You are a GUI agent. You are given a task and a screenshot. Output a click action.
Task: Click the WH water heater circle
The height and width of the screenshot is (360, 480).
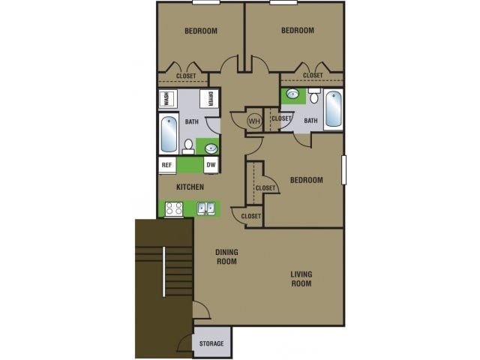tap(253, 120)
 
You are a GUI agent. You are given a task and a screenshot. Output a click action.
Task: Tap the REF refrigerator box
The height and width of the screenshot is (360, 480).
tap(166, 166)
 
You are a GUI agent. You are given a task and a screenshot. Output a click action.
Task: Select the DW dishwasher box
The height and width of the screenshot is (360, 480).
tap(211, 166)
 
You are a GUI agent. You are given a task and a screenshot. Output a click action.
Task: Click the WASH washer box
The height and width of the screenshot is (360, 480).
tap(166, 100)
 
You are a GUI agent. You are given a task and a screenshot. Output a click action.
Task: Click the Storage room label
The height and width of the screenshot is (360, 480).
tap(211, 343)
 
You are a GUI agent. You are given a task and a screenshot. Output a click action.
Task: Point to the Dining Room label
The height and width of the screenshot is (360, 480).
tap(226, 256)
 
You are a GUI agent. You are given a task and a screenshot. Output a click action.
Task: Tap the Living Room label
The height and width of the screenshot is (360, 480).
tap(301, 279)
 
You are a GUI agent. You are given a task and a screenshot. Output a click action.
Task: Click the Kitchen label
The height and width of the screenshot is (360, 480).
tap(190, 187)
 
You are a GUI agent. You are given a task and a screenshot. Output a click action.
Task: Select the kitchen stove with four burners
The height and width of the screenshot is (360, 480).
tap(173, 209)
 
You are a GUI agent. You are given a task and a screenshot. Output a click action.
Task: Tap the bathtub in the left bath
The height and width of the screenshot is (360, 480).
tap(169, 136)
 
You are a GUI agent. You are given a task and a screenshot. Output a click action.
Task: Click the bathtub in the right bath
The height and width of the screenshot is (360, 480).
tap(333, 110)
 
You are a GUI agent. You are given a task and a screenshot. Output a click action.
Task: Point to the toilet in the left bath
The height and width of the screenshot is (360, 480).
tap(189, 145)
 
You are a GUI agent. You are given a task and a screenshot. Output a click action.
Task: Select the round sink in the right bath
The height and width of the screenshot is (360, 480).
tap(292, 95)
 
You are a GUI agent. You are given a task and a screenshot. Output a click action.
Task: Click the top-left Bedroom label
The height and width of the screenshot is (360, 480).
tap(200, 31)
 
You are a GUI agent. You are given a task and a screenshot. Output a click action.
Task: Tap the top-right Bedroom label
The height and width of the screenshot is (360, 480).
tap(297, 31)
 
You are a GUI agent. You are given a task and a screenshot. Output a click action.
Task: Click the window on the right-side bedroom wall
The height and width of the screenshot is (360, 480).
tap(345, 169)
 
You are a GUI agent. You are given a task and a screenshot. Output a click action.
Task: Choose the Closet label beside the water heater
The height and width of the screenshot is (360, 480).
tap(280, 118)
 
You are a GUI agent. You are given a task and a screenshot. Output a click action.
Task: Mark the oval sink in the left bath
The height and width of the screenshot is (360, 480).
tap(211, 148)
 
